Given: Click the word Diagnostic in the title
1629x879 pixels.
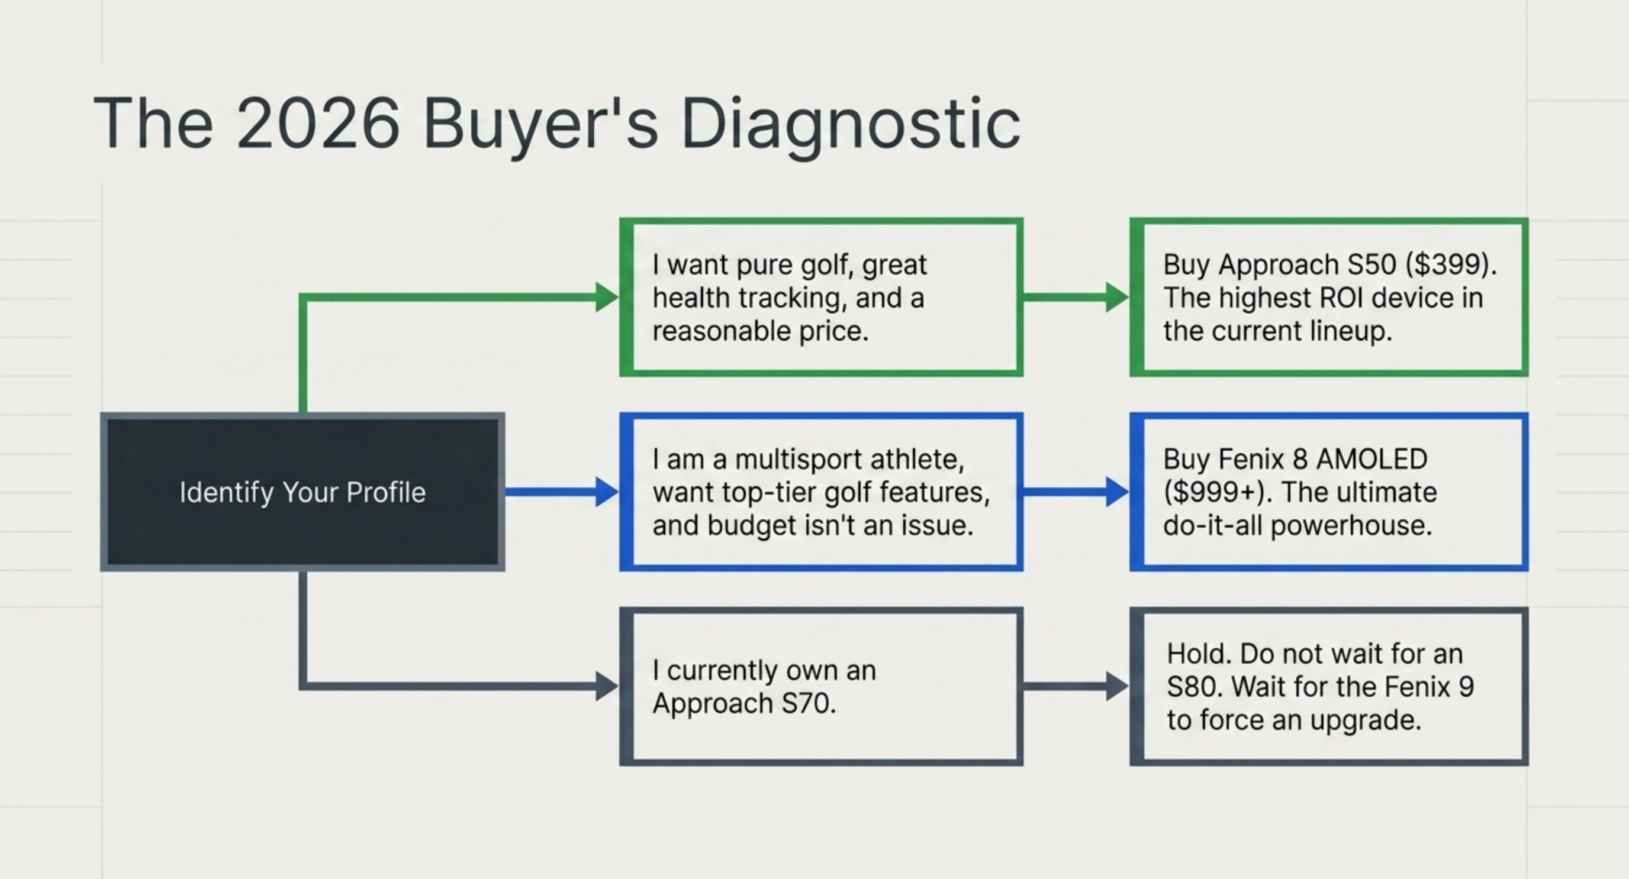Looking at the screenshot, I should click(851, 124).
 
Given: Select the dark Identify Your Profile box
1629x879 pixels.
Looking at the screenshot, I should click(302, 492).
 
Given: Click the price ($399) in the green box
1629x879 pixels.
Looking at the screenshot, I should click(1451, 265).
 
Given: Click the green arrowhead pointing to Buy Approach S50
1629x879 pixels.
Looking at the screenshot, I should click(1117, 297).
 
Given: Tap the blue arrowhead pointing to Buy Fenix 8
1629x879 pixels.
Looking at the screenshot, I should click(1117, 492).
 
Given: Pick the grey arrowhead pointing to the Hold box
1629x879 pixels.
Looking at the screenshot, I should click(1117, 686).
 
